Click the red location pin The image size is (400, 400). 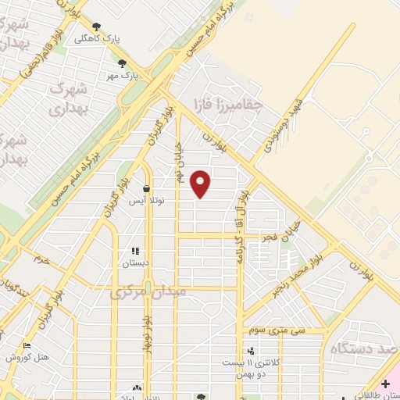tap(202, 184)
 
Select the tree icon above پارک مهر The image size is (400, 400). tap(122, 63)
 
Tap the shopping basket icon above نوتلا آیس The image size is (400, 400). tap(146, 188)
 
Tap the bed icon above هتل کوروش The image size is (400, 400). tap(27, 345)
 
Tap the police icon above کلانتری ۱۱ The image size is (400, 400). tap(251, 351)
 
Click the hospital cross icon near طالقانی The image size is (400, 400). tap(385, 384)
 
